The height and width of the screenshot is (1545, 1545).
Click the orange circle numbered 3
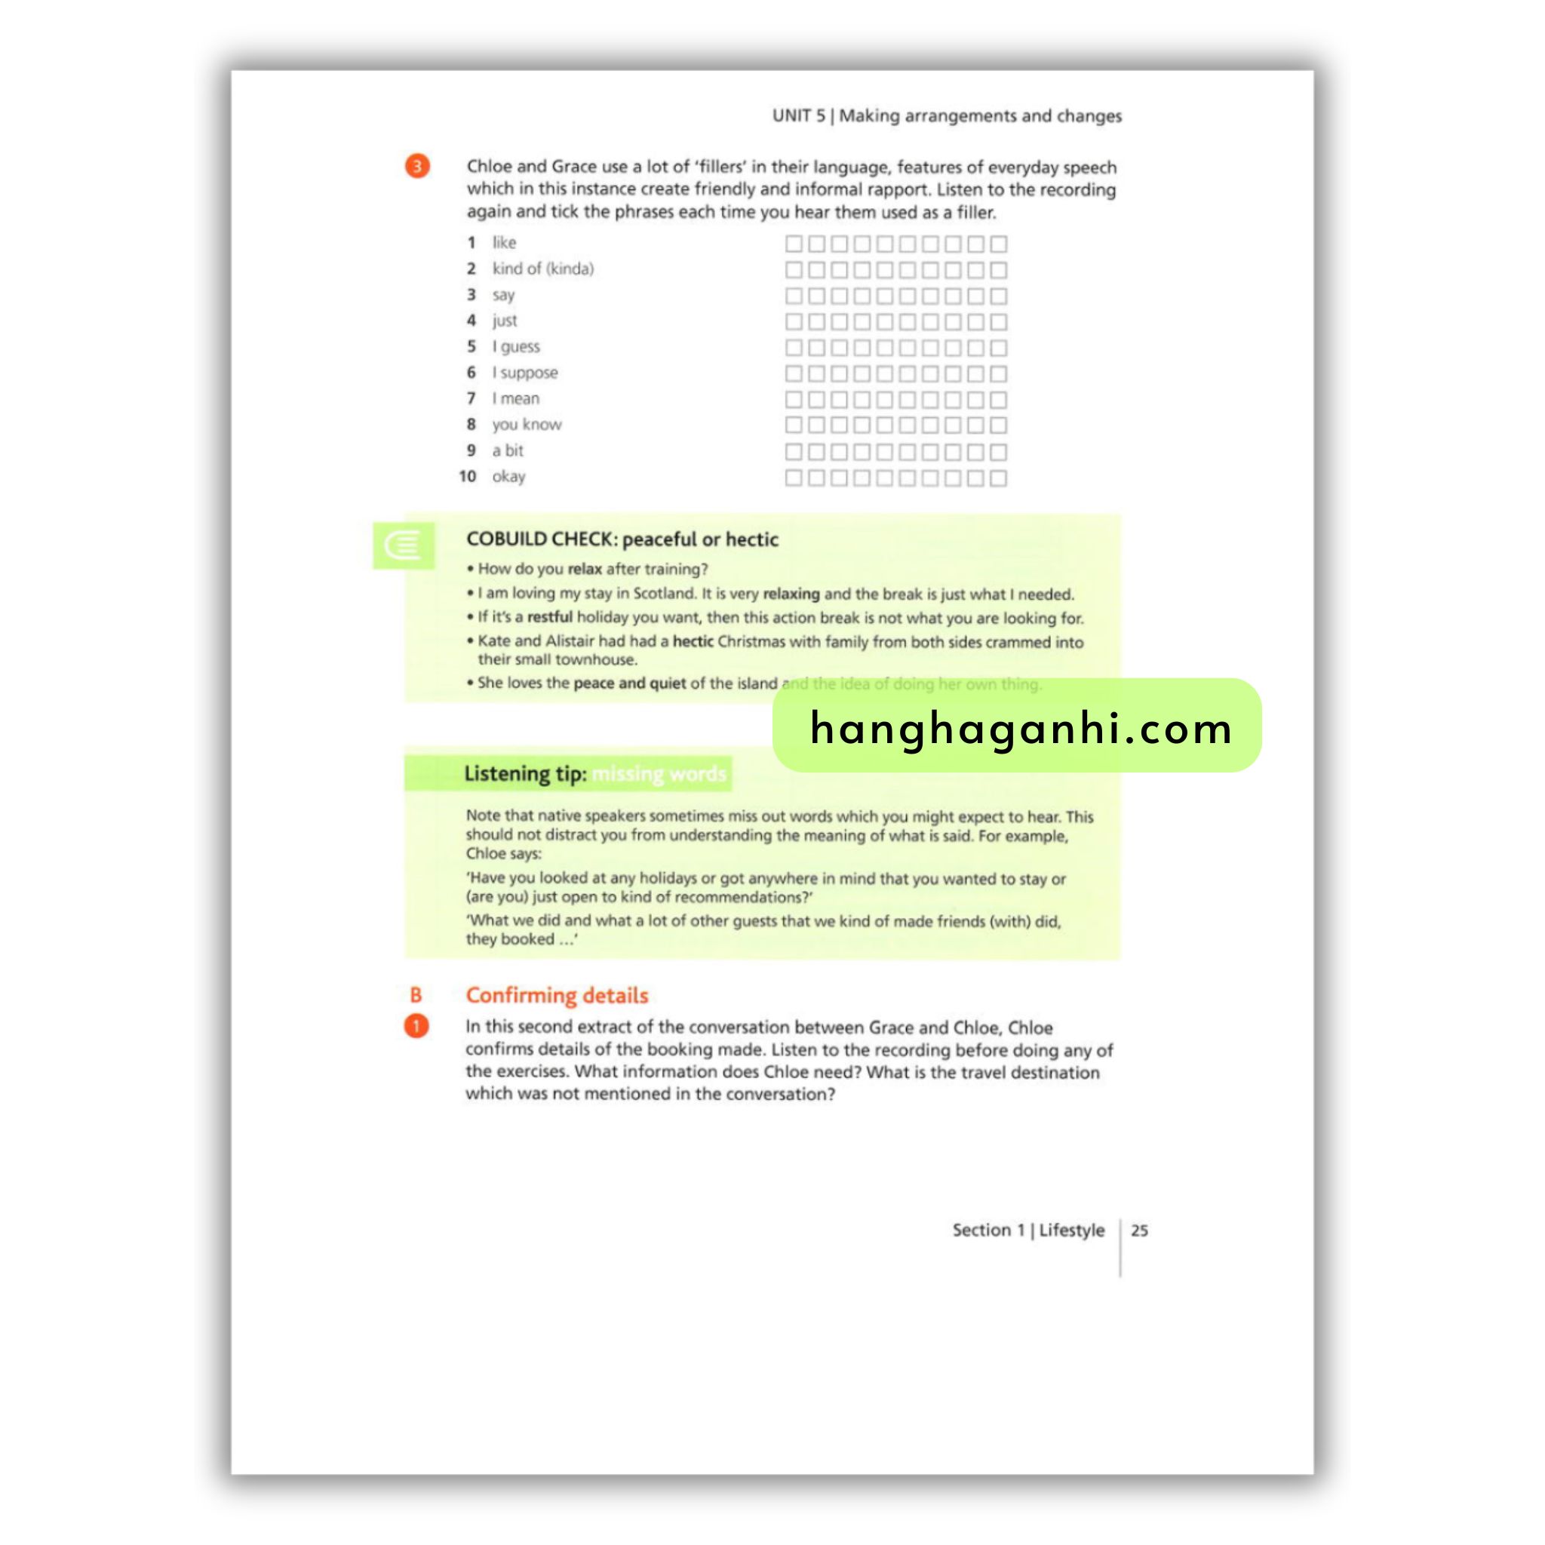[x=416, y=166]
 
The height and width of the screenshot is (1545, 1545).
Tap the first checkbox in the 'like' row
[x=794, y=244]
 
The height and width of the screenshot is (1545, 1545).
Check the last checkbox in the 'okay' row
[x=998, y=478]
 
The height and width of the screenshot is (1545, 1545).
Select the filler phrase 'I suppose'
[x=524, y=373]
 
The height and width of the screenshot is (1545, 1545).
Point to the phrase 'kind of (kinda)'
[x=543, y=269]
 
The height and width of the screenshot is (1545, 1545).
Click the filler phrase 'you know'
[x=527, y=425]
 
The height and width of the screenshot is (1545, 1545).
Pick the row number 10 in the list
[x=468, y=477]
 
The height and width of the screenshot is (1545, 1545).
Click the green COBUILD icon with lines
[x=403, y=545]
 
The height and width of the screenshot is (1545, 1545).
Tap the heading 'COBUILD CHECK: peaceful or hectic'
[x=622, y=539]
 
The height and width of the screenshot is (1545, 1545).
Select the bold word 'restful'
[x=549, y=617]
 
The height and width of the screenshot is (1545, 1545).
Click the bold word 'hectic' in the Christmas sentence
[x=693, y=641]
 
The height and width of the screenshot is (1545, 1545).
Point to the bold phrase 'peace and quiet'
[x=629, y=683]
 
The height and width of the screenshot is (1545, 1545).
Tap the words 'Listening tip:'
[x=525, y=773]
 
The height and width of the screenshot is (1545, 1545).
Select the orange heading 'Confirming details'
[x=557, y=995]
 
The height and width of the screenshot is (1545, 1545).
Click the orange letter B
[x=416, y=995]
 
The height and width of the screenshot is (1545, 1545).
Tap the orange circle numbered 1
[x=416, y=1026]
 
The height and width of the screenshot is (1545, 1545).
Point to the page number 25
[x=1140, y=1230]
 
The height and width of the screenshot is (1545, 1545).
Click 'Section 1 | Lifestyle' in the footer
[x=1027, y=1230]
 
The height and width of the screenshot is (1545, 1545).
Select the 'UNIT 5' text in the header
[x=798, y=116]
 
